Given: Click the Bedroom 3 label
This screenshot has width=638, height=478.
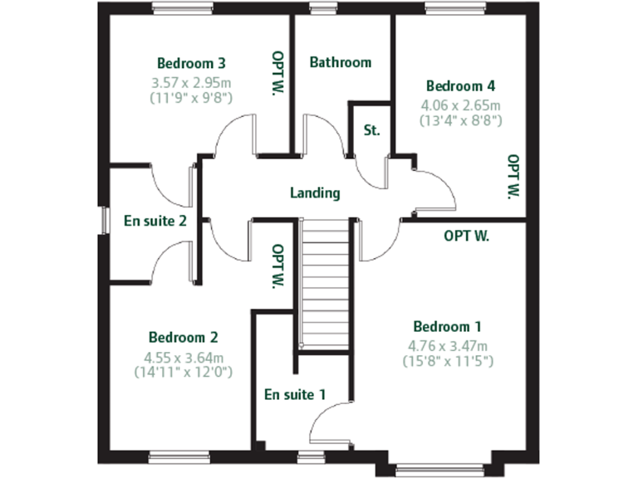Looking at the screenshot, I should (x=191, y=63).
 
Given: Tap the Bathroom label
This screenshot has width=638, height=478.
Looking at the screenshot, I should (x=340, y=62).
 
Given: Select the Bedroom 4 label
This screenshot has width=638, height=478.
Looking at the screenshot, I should (x=460, y=85).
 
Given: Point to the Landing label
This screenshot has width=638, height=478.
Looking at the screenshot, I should (x=315, y=193).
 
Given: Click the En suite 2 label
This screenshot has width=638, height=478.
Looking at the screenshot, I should (x=155, y=221).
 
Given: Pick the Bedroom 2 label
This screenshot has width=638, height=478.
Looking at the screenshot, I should (x=183, y=338).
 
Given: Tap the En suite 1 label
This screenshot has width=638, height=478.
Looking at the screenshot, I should (x=294, y=394).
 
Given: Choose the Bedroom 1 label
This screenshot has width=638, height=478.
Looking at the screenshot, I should (x=447, y=326).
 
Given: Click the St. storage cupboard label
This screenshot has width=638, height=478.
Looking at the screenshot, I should (x=371, y=131).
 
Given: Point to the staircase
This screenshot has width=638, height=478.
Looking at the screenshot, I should (x=324, y=282).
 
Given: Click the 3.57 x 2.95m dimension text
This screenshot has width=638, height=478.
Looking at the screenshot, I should (x=191, y=83).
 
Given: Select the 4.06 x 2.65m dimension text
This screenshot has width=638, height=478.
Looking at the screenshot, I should (x=460, y=105).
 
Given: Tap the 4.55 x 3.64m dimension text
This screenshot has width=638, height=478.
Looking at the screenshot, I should (x=184, y=358).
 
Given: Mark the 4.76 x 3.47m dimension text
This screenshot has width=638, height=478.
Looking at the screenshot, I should (x=447, y=346).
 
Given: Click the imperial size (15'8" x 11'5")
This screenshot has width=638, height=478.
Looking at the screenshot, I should (x=447, y=361).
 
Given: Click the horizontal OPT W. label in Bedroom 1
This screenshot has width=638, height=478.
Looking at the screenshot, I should (x=466, y=236).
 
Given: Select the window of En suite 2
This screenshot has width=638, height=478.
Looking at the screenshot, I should (x=105, y=221).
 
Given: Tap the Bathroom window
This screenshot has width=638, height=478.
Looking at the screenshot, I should (x=317, y=9).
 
